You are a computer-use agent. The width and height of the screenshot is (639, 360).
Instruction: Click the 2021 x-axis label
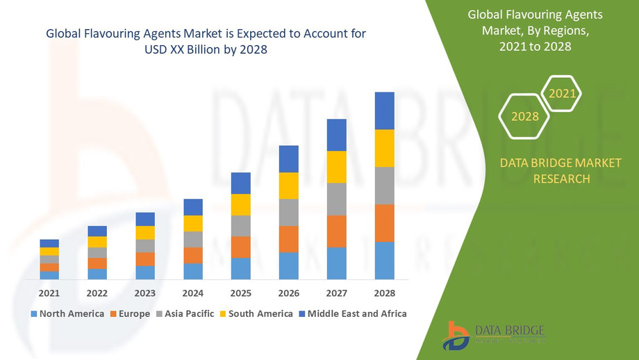click(x=49, y=293)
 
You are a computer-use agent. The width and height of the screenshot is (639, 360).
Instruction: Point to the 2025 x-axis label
click(x=240, y=293)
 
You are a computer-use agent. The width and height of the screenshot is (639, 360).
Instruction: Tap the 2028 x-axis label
click(x=384, y=293)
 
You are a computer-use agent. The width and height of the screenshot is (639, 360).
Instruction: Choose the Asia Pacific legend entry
click(x=185, y=313)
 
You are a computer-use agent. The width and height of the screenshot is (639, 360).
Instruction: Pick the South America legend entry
click(x=256, y=313)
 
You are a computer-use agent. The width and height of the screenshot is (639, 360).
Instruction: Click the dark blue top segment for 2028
click(x=384, y=111)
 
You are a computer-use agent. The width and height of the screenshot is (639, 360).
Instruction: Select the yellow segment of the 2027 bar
click(x=336, y=167)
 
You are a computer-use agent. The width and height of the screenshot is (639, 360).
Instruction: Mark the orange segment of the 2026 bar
click(x=289, y=239)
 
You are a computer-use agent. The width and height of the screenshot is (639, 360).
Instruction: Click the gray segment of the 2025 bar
click(x=240, y=226)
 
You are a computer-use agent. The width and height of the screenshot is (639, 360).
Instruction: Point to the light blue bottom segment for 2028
click(x=384, y=261)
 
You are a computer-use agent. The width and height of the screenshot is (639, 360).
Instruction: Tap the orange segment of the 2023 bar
click(x=145, y=259)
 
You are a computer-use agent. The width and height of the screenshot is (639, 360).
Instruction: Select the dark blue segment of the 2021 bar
click(x=49, y=243)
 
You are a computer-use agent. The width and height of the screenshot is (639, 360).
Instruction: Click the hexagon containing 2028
click(x=525, y=116)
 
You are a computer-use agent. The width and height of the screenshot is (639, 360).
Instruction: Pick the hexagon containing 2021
click(x=561, y=93)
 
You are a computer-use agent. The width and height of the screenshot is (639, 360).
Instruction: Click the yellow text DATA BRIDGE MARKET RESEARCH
click(x=561, y=171)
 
